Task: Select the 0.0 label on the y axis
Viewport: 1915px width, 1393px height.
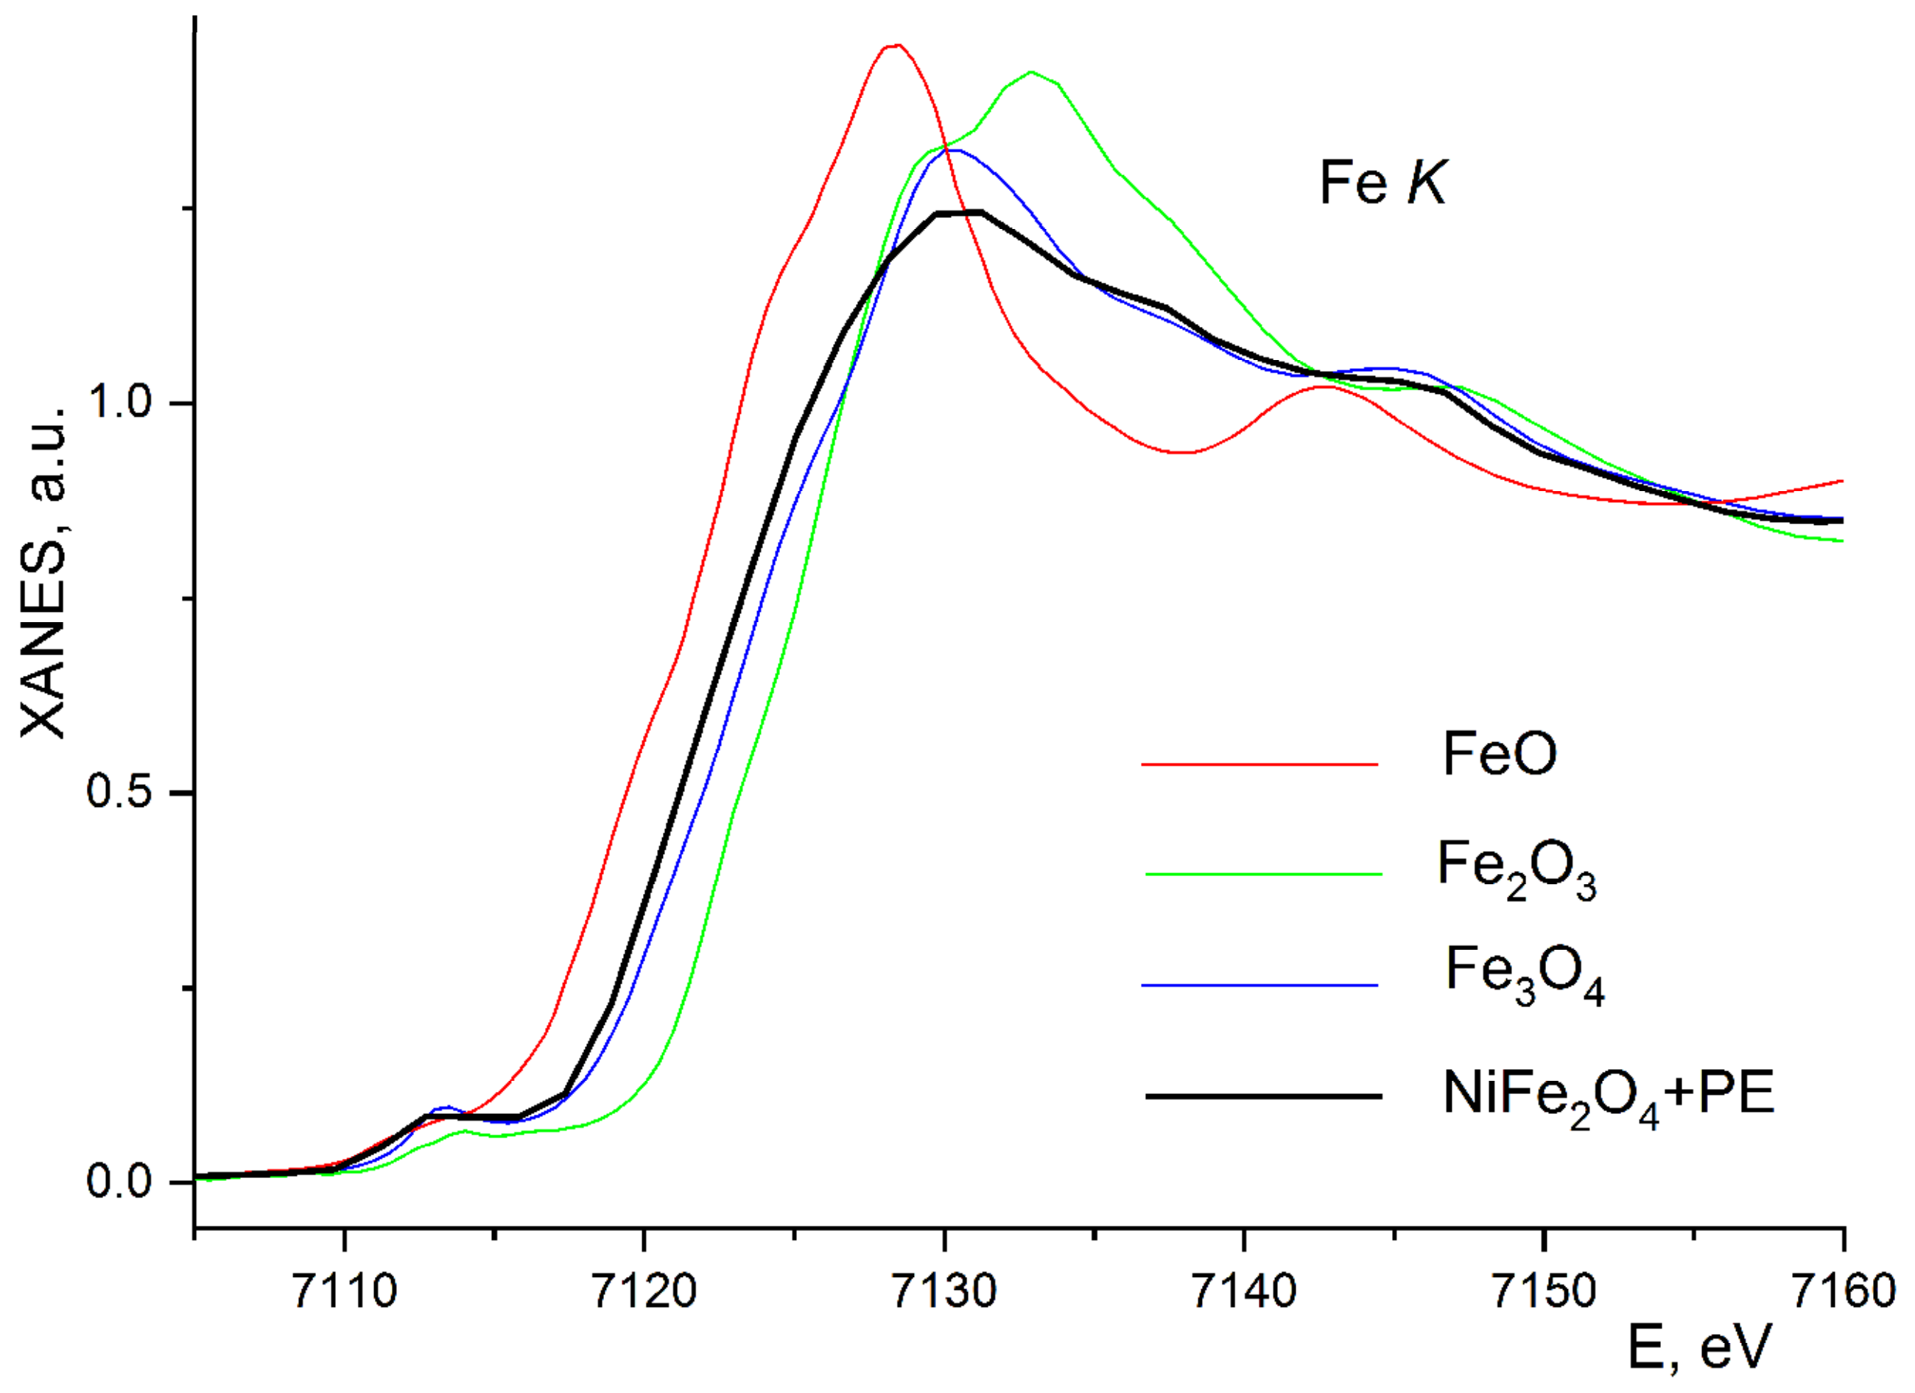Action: point(118,1181)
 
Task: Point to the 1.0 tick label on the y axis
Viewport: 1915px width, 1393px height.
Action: point(118,403)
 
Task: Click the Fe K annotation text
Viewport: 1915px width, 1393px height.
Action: point(1382,183)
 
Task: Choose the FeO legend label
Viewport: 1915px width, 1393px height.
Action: point(1499,753)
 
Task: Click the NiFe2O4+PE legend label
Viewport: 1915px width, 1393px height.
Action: point(1609,1096)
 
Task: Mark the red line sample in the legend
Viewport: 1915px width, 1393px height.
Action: point(1259,765)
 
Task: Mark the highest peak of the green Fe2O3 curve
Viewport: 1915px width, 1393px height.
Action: point(1031,73)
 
